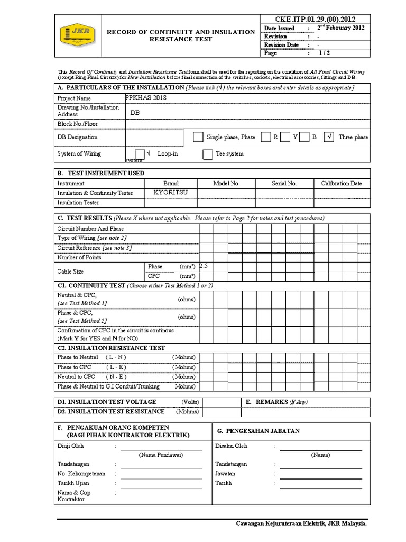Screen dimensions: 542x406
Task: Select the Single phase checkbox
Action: [198, 137]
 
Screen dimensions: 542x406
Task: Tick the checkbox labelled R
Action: [266, 137]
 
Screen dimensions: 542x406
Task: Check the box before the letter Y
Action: [286, 137]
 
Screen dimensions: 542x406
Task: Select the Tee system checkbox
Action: [208, 154]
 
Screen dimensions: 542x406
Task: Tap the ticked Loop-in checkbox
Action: [139, 153]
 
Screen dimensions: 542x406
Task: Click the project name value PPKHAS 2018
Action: [147, 98]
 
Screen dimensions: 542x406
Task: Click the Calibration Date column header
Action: [342, 183]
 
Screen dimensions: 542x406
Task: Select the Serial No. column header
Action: [284, 183]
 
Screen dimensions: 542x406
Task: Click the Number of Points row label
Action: [79, 257]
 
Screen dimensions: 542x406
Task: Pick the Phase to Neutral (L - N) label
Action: [92, 357]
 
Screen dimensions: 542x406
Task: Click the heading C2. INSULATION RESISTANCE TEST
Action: [111, 348]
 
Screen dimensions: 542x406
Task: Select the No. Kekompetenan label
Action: [81, 473]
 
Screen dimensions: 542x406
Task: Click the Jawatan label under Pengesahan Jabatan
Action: [225, 473]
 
